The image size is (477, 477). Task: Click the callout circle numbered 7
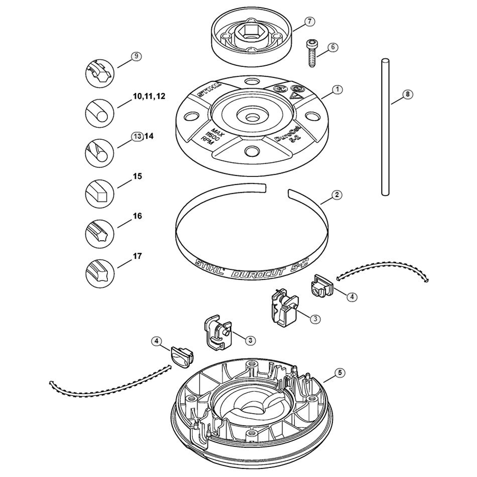click(310, 21)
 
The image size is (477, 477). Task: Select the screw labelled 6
click(311, 53)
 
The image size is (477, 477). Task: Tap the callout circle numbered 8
click(407, 94)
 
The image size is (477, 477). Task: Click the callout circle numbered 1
click(337, 90)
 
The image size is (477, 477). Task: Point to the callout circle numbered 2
click(336, 195)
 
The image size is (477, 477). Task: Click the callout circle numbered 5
click(340, 373)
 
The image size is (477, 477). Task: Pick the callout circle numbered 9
click(136, 56)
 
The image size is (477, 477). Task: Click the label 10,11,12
click(149, 96)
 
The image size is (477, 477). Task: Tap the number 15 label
click(137, 176)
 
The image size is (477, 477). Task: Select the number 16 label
click(137, 216)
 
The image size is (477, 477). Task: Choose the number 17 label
click(137, 257)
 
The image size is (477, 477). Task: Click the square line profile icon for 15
click(100, 193)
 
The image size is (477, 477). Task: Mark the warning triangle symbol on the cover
click(295, 97)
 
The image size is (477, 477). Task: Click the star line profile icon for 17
click(100, 273)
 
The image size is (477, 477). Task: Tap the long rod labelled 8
click(385, 127)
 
